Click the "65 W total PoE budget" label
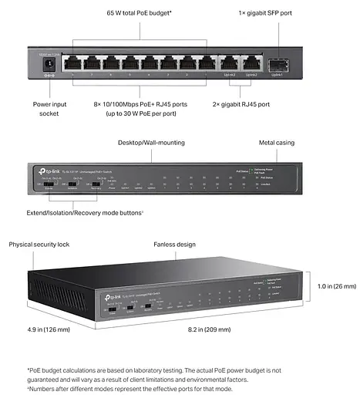point(138,14)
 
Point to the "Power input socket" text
point(49,108)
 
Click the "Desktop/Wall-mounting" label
point(151,143)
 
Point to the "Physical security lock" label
point(39,244)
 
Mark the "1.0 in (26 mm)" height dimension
point(337,285)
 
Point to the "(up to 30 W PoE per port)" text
point(146,113)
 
